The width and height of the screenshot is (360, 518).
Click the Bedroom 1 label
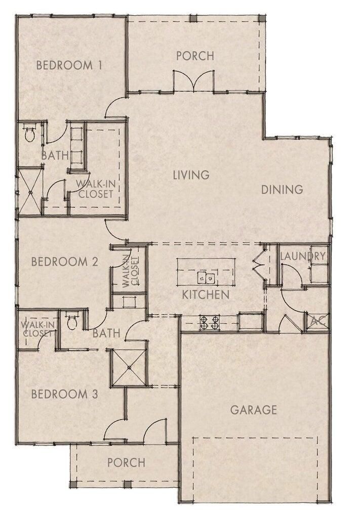coord(69,65)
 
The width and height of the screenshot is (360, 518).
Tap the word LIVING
coord(191,175)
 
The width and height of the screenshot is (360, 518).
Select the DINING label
coord(282,189)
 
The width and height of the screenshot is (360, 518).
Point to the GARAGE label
coord(253,410)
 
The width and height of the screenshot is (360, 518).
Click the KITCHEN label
coord(206,295)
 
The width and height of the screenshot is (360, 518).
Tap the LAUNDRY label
coord(302,256)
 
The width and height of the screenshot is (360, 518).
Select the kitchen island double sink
coord(206,278)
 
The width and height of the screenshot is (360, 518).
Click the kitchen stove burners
coord(210,323)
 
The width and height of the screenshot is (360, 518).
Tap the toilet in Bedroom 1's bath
coord(30,133)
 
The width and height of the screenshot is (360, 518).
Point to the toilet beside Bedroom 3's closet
coord(72,320)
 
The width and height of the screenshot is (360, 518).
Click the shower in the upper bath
coord(30,192)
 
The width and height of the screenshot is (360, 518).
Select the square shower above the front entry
coord(129,367)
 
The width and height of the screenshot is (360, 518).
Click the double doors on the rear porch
coord(193,80)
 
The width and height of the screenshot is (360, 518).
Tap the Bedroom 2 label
coord(65,262)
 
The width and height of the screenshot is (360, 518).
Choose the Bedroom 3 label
coord(65,394)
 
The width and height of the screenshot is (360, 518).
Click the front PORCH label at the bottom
coord(126,462)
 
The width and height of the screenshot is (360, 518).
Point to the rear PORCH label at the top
coord(195,56)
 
